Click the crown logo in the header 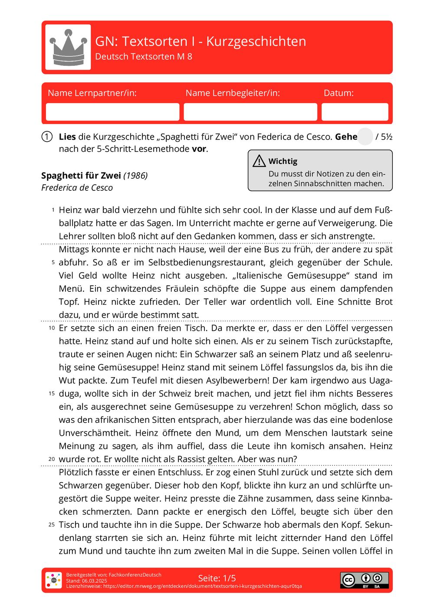tap(68, 47)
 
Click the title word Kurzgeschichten tap(256, 41)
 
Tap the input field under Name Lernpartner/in tap(112, 112)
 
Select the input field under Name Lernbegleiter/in tap(250, 112)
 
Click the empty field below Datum tap(355, 112)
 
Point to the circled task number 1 tap(47, 137)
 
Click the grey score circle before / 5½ tap(365, 137)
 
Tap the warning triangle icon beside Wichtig tap(259, 161)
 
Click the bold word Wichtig tap(283, 161)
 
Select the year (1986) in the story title tap(135, 176)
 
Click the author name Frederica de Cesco tap(77, 188)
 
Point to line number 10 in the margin tap(52, 328)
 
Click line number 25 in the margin tap(52, 525)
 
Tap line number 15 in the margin tap(52, 394)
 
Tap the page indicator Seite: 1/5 tap(217, 578)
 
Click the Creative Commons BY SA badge tap(364, 580)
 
